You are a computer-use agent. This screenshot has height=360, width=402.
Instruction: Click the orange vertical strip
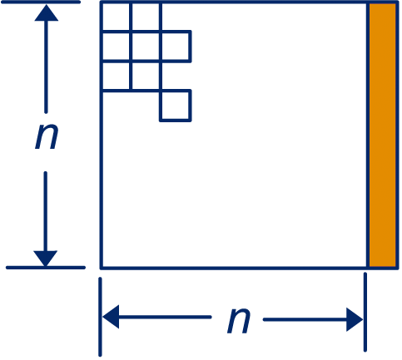click(382, 135)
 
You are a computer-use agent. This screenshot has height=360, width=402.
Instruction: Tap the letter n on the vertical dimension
click(47, 136)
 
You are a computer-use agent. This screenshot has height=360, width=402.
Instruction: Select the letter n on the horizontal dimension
click(239, 320)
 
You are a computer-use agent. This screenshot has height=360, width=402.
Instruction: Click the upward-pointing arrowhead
click(47, 12)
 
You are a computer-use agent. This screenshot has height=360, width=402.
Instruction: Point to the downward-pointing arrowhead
click(46, 259)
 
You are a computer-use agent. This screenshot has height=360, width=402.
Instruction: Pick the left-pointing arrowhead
click(111, 317)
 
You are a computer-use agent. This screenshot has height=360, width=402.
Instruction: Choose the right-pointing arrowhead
click(355, 319)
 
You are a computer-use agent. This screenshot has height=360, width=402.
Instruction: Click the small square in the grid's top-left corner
click(116, 17)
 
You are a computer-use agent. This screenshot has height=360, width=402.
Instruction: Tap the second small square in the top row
click(146, 17)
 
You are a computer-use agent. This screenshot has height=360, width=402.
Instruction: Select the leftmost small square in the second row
click(116, 47)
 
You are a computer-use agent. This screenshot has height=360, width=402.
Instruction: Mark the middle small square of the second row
click(146, 47)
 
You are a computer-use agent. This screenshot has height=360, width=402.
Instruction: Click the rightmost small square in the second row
click(176, 47)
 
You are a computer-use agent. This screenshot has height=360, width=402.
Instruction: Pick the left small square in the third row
click(116, 76)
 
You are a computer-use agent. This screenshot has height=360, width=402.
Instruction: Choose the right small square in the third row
click(146, 76)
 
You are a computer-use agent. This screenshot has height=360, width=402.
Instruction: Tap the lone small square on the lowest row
click(176, 106)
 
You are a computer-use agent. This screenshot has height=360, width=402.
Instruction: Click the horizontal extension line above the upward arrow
click(41, 2)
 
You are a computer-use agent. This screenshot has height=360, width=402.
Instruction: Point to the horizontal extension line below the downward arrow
click(46, 268)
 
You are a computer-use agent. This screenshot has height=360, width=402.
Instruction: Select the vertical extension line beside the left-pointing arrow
click(100, 317)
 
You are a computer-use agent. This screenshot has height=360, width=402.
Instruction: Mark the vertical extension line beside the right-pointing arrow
click(365, 312)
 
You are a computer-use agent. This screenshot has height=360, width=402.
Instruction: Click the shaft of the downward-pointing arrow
click(45, 211)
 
